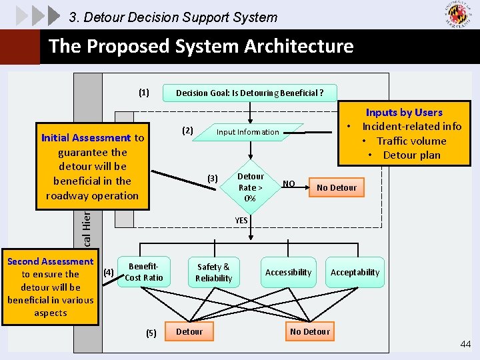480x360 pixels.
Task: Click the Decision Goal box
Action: pos(249,93)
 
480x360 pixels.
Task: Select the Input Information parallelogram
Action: pos(247,132)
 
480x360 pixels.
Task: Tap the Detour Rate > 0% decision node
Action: pos(250,187)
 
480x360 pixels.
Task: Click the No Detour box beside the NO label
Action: pos(337,187)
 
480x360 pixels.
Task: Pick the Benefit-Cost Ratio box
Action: pos(144,272)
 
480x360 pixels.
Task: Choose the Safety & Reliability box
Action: pos(213,272)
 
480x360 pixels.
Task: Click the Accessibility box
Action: pos(288,272)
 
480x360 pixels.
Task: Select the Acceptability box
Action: pos(355,272)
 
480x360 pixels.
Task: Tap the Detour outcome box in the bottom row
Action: pos(189,331)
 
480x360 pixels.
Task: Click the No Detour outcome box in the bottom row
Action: pos(310,331)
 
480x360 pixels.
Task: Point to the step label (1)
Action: pos(144,93)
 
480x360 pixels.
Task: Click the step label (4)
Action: pos(109,272)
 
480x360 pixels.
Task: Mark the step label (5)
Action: pos(151,333)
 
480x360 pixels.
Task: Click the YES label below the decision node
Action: pos(241,221)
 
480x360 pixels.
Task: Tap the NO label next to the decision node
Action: pos(289,183)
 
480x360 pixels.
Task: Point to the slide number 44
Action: pos(465,343)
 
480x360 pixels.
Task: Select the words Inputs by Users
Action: pos(404,112)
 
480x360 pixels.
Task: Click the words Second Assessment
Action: pos(50,261)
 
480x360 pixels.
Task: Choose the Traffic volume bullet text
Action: pos(411,141)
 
